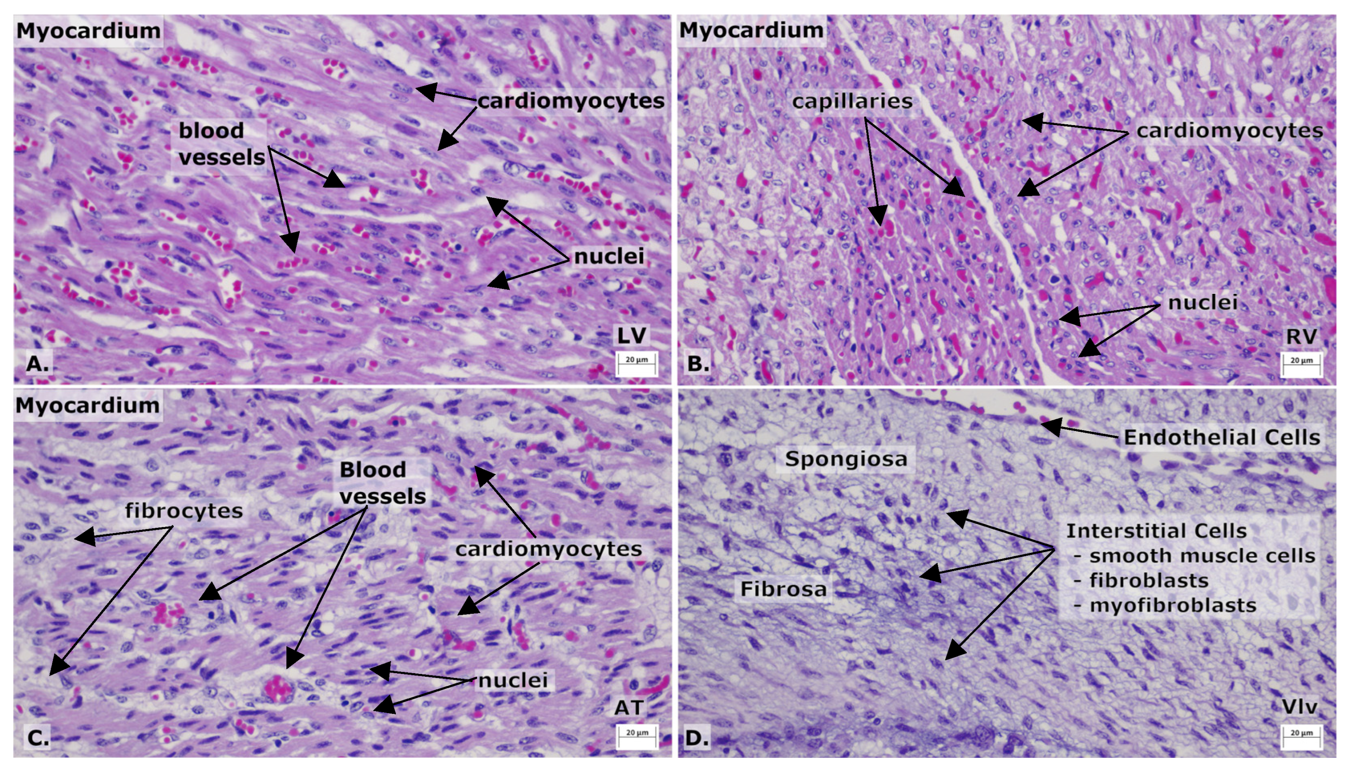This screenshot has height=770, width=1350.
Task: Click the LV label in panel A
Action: point(632,335)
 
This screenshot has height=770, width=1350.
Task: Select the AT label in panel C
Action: point(629,708)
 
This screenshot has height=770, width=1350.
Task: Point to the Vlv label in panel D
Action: point(1300,706)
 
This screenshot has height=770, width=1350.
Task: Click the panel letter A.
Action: point(37,363)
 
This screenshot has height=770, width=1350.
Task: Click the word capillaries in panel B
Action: point(852,101)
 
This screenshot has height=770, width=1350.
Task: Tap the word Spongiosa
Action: point(846,458)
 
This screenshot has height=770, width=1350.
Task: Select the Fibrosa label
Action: point(783,589)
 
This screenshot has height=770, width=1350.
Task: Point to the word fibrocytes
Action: point(184,511)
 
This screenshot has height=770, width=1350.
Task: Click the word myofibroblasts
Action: point(1173,605)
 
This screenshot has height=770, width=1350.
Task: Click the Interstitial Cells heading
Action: point(1156,531)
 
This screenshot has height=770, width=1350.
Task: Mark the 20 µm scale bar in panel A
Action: point(637,363)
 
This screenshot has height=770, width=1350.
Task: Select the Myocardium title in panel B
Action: point(751,30)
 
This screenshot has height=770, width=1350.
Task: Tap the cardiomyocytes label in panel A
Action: point(570,101)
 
